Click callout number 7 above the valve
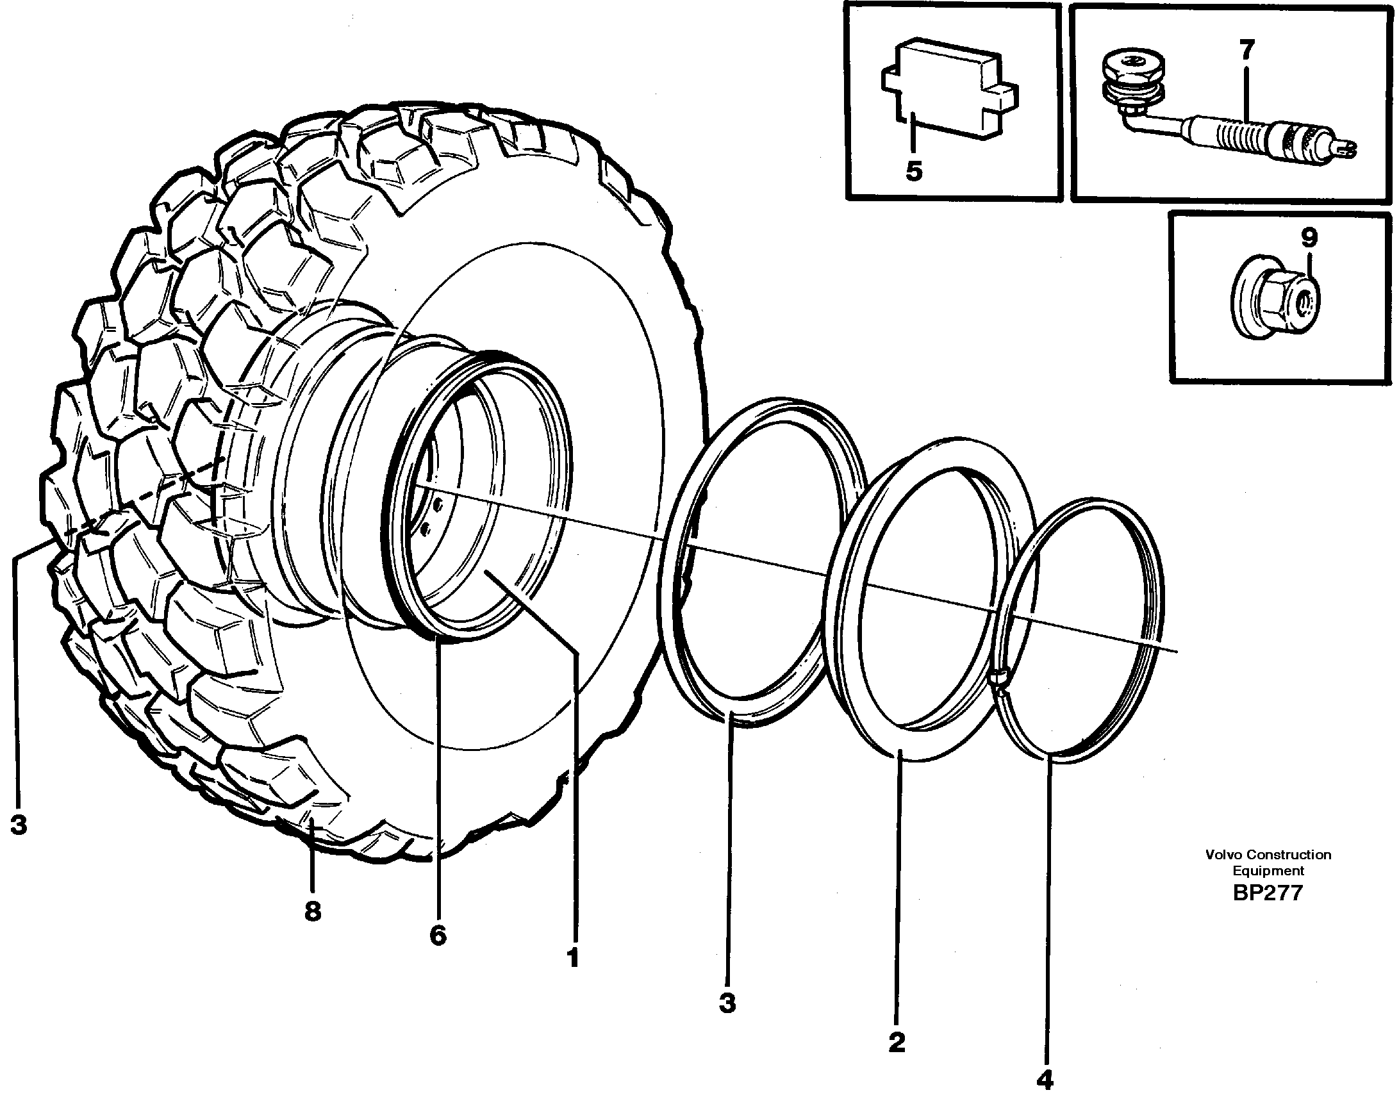pos(1246,51)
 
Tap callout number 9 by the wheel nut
pos(1309,238)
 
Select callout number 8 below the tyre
pos(312,910)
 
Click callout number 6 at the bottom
pos(437,935)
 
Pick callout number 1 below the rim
pos(573,957)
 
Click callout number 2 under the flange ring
pos(897,1042)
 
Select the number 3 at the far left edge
pos(18,823)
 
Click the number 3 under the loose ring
pos(727,1003)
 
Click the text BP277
pos(1268,893)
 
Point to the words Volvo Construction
pos(1268,855)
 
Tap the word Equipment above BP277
pos(1268,871)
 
